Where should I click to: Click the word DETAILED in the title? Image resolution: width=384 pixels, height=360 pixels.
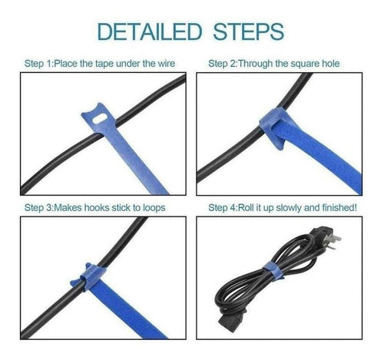click(150, 31)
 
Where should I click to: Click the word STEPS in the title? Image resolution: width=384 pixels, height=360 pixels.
click(249, 31)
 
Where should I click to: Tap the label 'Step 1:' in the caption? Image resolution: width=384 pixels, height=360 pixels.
click(39, 64)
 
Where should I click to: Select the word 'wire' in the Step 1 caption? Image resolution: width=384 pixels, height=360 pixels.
click(167, 64)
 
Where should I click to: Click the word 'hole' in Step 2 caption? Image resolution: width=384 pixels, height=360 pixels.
click(330, 64)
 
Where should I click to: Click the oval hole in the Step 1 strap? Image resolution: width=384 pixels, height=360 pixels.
click(100, 119)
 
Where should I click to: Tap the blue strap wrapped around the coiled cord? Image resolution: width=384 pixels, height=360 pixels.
click(273, 271)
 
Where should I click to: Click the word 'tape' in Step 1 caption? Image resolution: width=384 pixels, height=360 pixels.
click(104, 64)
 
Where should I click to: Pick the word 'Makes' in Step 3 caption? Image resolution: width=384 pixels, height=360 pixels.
click(68, 207)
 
